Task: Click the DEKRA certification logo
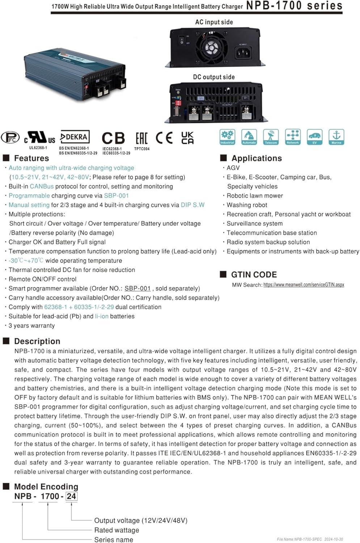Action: pos(75,137)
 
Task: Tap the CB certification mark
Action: pos(113,138)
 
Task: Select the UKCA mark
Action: pos(187,138)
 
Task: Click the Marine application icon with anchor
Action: pos(336,137)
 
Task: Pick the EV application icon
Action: pos(314,137)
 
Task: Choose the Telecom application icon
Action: pos(271,137)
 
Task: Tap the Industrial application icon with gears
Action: pos(227,137)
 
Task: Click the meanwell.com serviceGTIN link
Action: pos(304,285)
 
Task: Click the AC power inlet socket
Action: pos(243,53)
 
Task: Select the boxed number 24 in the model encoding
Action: pos(71,496)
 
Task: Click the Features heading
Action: pos(31,158)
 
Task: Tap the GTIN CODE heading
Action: pos(254,275)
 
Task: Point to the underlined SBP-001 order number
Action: pos(137,289)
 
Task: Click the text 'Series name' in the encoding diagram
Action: pos(114,540)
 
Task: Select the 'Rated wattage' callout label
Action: pos(117,530)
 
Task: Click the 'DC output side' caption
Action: pos(214,77)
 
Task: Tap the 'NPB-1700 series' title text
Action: pos(294,6)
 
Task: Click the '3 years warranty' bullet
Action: pos(32,325)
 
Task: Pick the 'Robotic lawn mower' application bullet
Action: pos(255,196)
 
